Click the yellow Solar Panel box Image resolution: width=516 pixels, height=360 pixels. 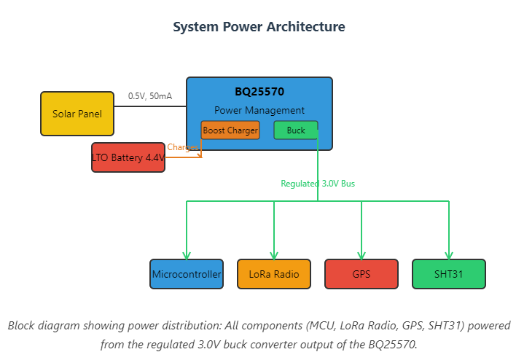point(77,114)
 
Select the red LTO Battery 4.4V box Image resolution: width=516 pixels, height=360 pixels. point(128,157)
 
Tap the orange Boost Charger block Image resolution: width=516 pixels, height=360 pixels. point(230,130)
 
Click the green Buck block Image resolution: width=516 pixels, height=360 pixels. point(296,130)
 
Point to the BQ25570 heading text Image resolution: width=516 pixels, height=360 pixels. point(259,92)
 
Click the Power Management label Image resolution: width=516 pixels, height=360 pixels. point(259,110)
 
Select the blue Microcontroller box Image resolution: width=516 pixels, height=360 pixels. point(187,275)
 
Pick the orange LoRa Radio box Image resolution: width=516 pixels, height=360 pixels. point(274,275)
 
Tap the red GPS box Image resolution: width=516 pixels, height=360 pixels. point(361,275)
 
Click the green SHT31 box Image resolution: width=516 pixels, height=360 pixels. point(449,275)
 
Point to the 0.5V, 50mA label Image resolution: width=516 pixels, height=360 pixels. point(150,96)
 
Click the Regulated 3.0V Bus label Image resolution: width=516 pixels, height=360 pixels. point(318,184)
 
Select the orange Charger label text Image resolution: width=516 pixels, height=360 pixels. point(182,147)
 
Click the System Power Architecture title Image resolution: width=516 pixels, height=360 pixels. point(259,27)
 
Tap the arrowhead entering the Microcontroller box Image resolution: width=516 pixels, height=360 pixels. point(187,255)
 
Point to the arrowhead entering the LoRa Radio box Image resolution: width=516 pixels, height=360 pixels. point(274,255)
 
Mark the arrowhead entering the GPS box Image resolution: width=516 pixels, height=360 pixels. point(361,255)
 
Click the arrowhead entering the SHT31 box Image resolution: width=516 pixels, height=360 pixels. point(449,255)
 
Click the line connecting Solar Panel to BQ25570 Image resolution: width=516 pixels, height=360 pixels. point(150,106)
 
